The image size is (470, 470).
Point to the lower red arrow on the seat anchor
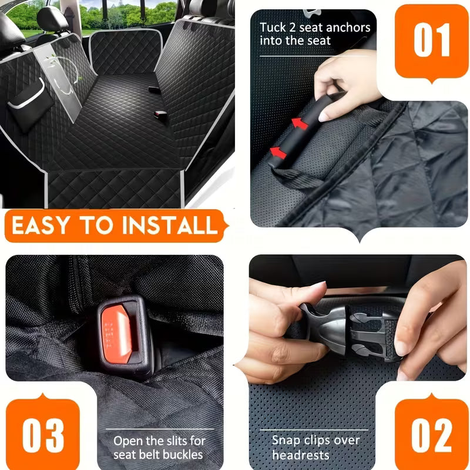pos(278,152)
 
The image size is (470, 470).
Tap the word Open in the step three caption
pos(126,440)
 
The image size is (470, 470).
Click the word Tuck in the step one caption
pos(272,28)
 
